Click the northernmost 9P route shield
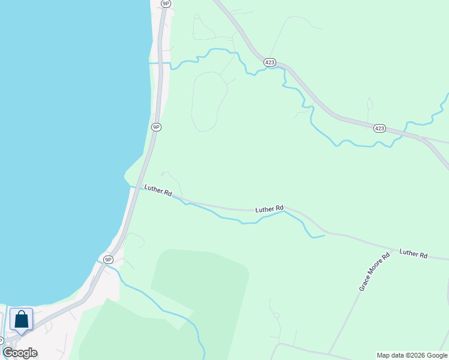click(x=166, y=4)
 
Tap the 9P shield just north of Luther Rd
click(x=156, y=127)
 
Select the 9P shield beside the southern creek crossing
click(x=108, y=259)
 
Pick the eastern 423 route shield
click(x=379, y=128)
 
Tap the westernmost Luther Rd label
click(x=158, y=191)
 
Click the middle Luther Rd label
click(x=269, y=209)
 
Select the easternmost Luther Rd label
click(x=413, y=254)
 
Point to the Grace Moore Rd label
click(x=375, y=272)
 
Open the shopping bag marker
click(x=22, y=320)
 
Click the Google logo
click(x=20, y=353)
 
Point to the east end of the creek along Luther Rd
click(x=324, y=236)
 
